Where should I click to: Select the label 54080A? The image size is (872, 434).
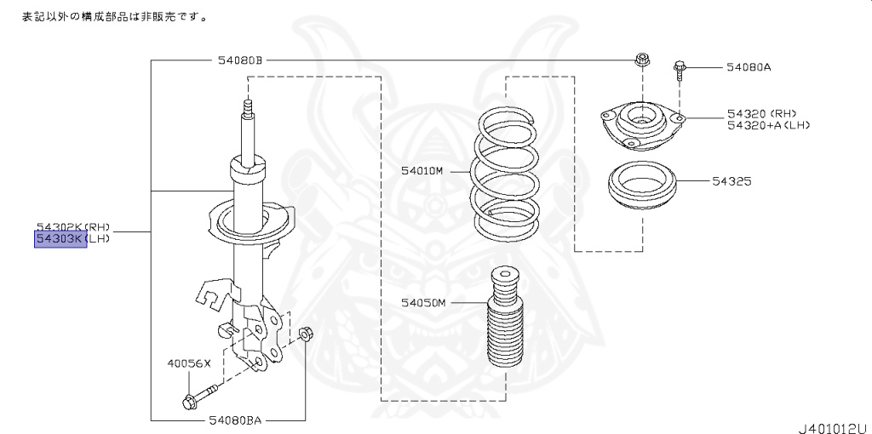pyautogui.click(x=749, y=66)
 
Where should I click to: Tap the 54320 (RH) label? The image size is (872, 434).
pyautogui.click(x=761, y=112)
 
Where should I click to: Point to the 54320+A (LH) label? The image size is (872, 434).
pyautogui.click(x=768, y=125)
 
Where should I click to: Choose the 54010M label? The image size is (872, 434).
pyautogui.click(x=422, y=170)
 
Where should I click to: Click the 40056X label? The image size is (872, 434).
pyautogui.click(x=188, y=363)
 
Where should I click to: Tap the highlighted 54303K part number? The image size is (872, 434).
pyautogui.click(x=60, y=239)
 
